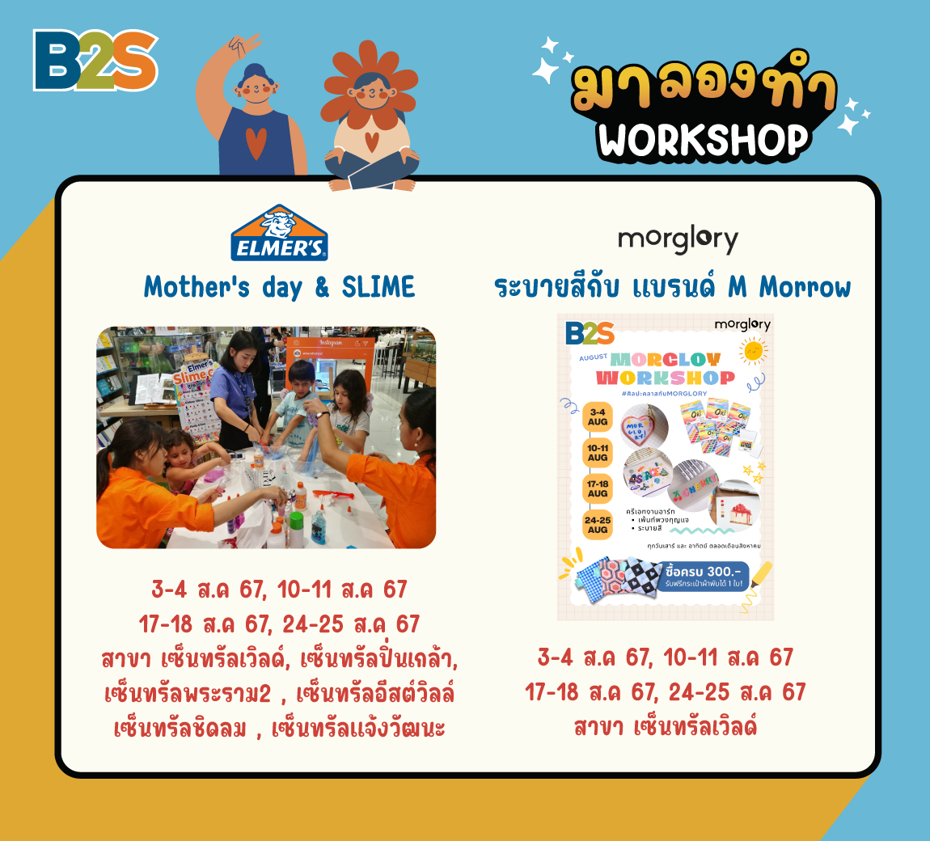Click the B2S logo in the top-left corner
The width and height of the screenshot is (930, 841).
(x=95, y=60)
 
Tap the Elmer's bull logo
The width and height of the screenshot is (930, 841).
(x=279, y=233)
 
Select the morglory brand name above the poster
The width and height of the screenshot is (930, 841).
(x=678, y=239)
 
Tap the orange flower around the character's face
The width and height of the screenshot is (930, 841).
(x=371, y=90)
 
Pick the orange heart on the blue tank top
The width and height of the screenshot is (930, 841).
(x=255, y=144)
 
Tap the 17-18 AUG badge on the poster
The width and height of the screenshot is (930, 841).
(x=598, y=488)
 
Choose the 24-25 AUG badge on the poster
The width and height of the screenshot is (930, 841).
(x=598, y=525)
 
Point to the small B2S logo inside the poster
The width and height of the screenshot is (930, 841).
(x=590, y=333)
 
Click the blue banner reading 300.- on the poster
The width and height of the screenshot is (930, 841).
(x=702, y=576)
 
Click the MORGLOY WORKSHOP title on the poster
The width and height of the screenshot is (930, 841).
(x=665, y=368)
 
